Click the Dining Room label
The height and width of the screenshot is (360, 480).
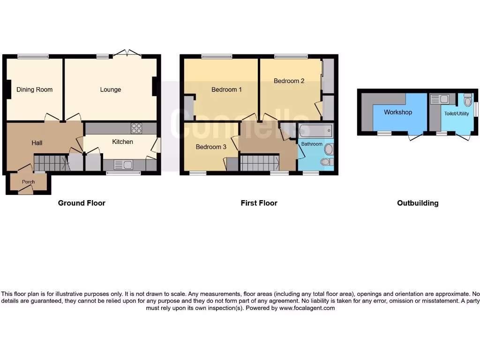point(34,90)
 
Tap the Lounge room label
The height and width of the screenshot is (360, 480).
point(111,90)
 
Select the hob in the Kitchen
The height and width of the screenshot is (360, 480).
point(136,128)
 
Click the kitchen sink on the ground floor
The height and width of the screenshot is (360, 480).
point(123,165)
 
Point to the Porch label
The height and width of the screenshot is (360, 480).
point(29,182)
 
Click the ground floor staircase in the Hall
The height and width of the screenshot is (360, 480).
point(51,163)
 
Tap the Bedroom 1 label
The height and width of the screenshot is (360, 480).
point(226,90)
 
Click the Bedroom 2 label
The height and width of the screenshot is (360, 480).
point(289,81)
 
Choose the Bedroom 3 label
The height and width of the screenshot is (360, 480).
point(211,147)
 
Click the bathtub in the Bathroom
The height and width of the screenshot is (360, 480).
point(316,130)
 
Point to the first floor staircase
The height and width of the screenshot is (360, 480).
point(260,163)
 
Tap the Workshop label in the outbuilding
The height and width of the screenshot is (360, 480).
point(398,112)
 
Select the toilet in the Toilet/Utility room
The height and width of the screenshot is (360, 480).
point(467,100)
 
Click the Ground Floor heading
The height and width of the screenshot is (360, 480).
point(82,203)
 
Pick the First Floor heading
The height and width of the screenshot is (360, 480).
point(259,203)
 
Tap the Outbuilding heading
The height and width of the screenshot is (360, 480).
point(418,203)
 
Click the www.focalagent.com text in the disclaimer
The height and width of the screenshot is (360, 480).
point(307,308)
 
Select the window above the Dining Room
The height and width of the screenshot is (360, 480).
point(33,57)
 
